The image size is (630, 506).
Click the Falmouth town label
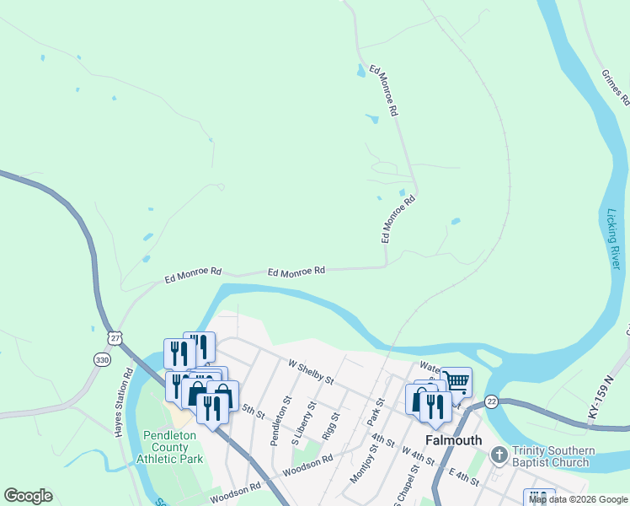pyautogui.click(x=453, y=440)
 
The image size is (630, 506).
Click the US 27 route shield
pyautogui.click(x=114, y=337)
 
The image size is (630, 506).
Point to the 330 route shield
pyautogui.click(x=101, y=359)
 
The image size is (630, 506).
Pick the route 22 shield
pyautogui.click(x=491, y=401)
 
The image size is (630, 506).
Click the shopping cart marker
pyautogui.click(x=456, y=381)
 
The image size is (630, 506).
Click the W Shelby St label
pyautogui.click(x=311, y=371)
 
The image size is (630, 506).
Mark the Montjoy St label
pyautogui.click(x=360, y=460)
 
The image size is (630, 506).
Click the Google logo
pyautogui.click(x=28, y=496)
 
